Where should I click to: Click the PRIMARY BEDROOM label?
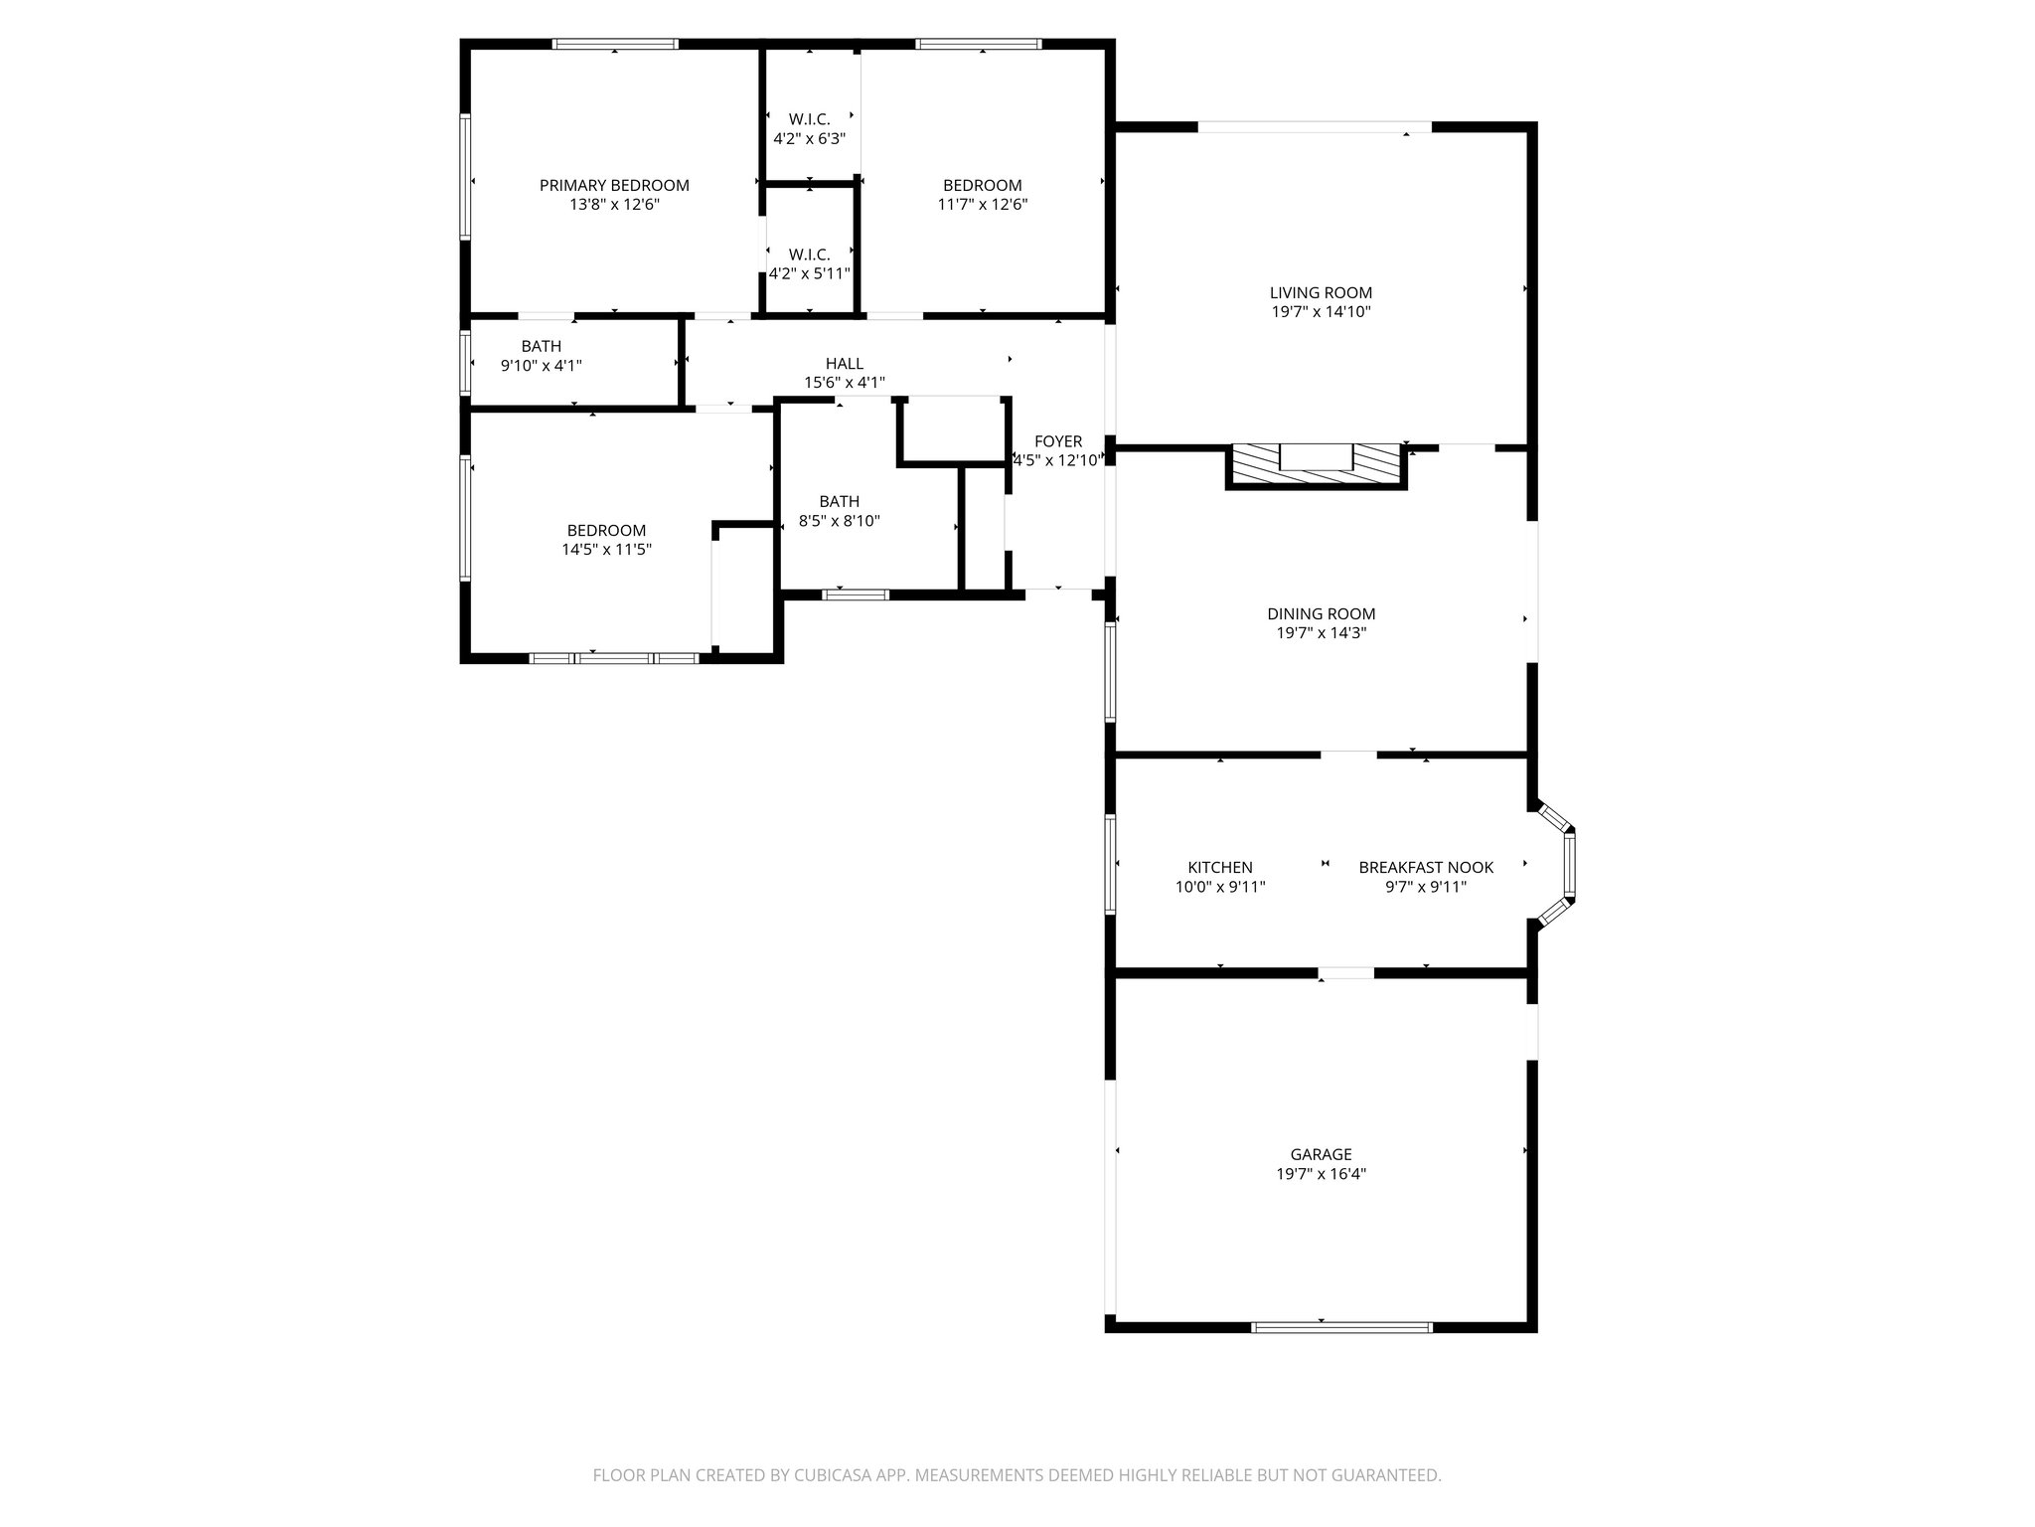click(614, 186)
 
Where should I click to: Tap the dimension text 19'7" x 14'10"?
click(1321, 312)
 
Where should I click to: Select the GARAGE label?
click(1321, 1154)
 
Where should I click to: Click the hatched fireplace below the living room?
click(1317, 465)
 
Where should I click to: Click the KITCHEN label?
click(1220, 868)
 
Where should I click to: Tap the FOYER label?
click(1057, 441)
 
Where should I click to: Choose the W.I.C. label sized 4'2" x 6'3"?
click(809, 119)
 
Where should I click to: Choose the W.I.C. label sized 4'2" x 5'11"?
click(809, 254)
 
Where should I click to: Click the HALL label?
click(844, 364)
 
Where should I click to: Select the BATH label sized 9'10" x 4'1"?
click(541, 346)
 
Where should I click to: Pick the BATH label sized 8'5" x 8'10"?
click(839, 501)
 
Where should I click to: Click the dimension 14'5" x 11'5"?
click(606, 549)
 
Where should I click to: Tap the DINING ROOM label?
click(1321, 614)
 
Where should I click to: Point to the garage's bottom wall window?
click(1341, 1326)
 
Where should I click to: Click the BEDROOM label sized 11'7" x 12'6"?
click(982, 186)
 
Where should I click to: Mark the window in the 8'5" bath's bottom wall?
click(855, 594)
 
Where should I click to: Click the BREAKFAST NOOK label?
click(1426, 868)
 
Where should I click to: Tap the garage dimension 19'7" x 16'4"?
click(1321, 1174)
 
